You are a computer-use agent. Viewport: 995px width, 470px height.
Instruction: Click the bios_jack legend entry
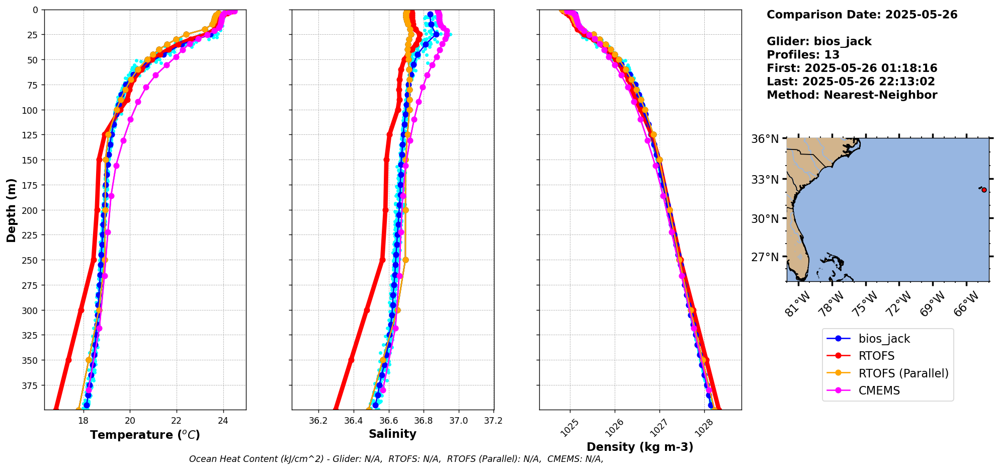884,339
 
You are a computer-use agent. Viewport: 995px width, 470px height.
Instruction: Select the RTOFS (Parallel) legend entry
903,373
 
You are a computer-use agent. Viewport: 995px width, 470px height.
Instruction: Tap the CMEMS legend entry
879,390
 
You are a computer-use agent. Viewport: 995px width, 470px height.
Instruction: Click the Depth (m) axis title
11,210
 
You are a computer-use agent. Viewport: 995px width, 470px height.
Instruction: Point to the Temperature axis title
145,435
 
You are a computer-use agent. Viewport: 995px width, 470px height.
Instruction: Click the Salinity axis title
392,434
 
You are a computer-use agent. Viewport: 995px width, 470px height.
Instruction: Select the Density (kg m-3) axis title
640,447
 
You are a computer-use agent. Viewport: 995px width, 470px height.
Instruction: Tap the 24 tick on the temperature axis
223,421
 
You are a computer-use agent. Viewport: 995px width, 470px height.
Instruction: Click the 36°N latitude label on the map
765,139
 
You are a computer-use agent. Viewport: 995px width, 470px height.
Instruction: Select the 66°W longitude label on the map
966,303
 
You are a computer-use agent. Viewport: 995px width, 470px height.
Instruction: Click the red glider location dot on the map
984,190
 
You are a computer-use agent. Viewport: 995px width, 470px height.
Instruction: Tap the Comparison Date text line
862,15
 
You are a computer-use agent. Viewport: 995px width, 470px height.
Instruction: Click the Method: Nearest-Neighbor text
852,95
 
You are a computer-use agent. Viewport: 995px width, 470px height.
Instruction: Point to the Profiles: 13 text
803,55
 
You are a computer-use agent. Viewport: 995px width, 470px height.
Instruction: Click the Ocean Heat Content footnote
396,459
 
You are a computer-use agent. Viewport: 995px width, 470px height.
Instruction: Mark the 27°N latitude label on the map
765,257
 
